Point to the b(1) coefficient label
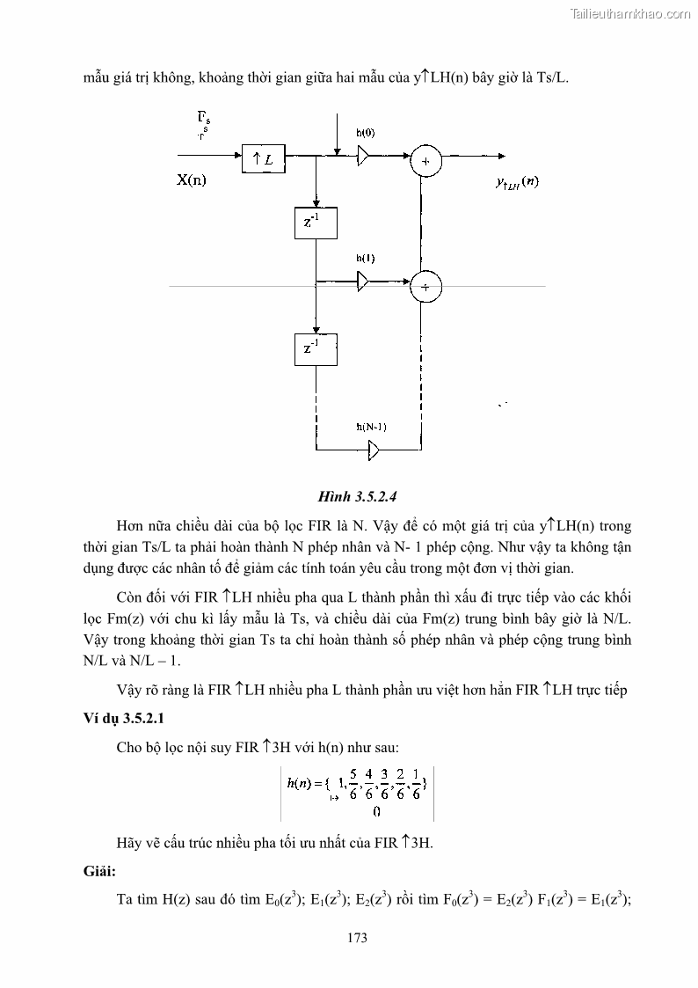pos(366,259)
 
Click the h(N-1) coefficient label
pos(372,428)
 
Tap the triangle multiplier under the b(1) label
pos(364,282)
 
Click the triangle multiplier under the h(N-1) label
pos(374,451)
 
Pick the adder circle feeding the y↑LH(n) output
pos(426,161)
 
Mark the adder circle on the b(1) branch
pos(426,287)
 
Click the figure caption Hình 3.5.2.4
pos(350,495)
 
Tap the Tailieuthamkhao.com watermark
pos(631,13)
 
